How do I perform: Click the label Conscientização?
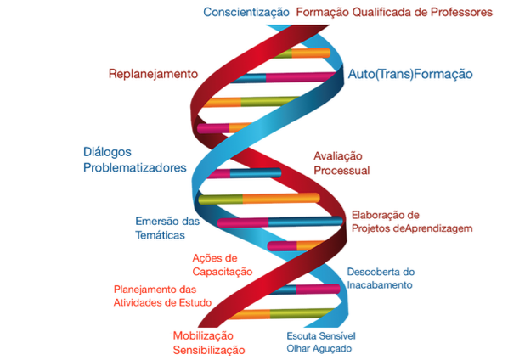point(246,12)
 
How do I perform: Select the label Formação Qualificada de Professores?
point(394,12)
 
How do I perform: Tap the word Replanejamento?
point(153,74)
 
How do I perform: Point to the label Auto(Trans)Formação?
point(410,74)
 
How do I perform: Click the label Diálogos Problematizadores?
point(135,160)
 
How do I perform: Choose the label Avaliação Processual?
point(341,163)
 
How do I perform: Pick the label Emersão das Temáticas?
point(167,228)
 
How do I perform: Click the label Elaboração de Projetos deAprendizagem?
point(412,222)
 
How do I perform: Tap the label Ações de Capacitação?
point(223,265)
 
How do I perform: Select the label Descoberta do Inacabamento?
point(381,278)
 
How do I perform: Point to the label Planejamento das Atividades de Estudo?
point(162,296)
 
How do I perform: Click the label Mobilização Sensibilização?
point(209,343)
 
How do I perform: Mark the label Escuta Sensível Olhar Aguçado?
point(321,342)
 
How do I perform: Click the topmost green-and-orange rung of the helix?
point(302,53)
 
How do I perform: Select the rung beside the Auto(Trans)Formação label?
point(284,78)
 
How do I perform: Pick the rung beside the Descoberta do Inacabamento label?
point(304,289)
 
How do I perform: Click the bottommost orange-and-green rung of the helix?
point(280,313)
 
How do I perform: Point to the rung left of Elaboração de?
point(280,222)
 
